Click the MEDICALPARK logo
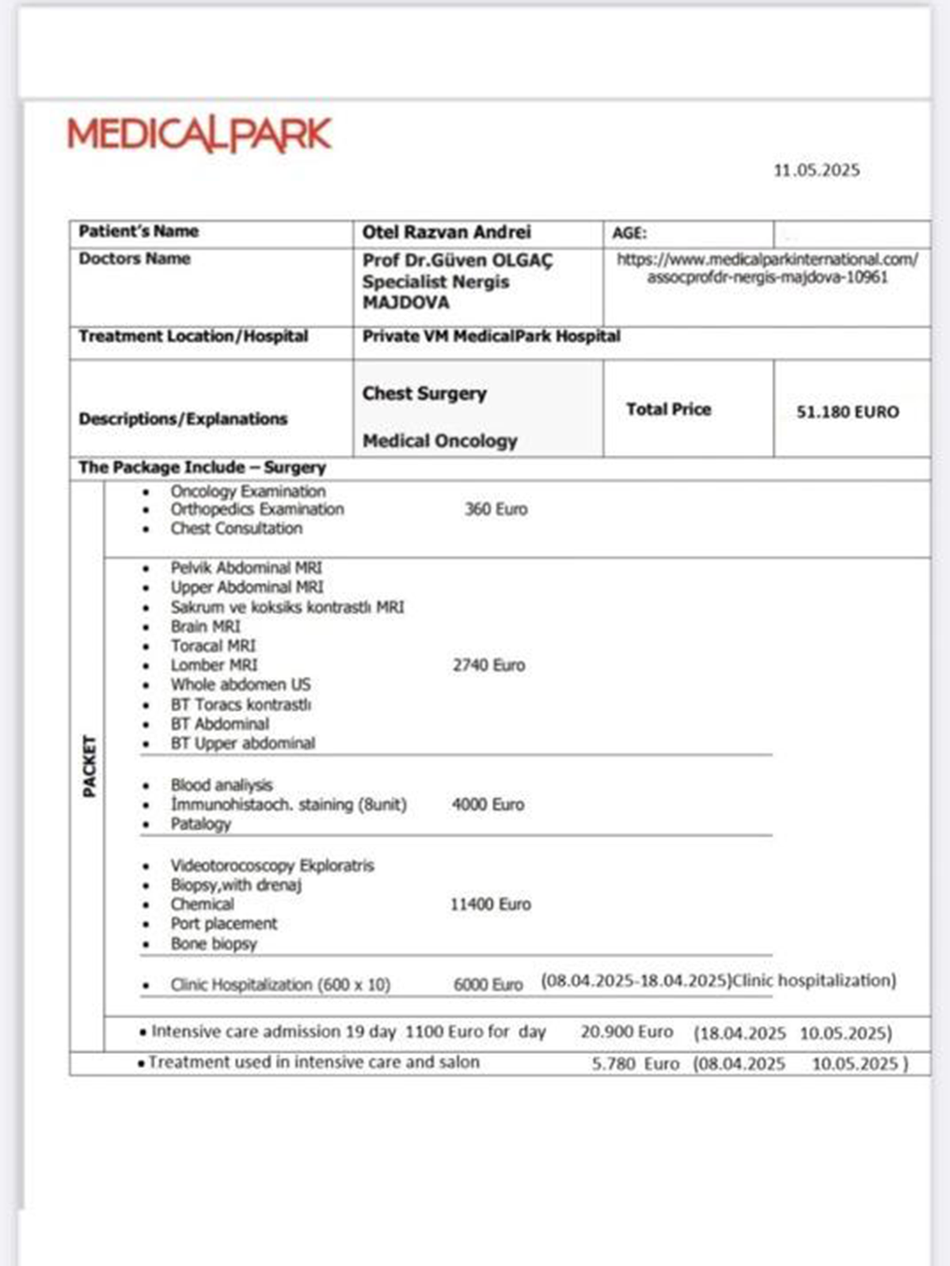(199, 135)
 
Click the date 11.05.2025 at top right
(816, 170)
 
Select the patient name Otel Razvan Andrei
(446, 233)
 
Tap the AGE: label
(629, 233)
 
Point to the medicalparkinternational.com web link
(767, 268)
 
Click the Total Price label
(668, 409)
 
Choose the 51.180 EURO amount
(847, 412)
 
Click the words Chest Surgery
(424, 393)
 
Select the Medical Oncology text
(439, 441)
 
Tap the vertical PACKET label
(89, 766)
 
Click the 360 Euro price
(496, 510)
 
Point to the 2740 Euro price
(488, 665)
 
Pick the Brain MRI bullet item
(205, 627)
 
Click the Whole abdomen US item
(241, 684)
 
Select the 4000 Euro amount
(488, 805)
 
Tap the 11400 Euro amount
(490, 904)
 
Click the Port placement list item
(224, 924)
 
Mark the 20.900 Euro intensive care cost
(626, 1032)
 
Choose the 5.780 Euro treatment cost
(635, 1063)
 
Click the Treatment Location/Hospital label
(193, 336)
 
